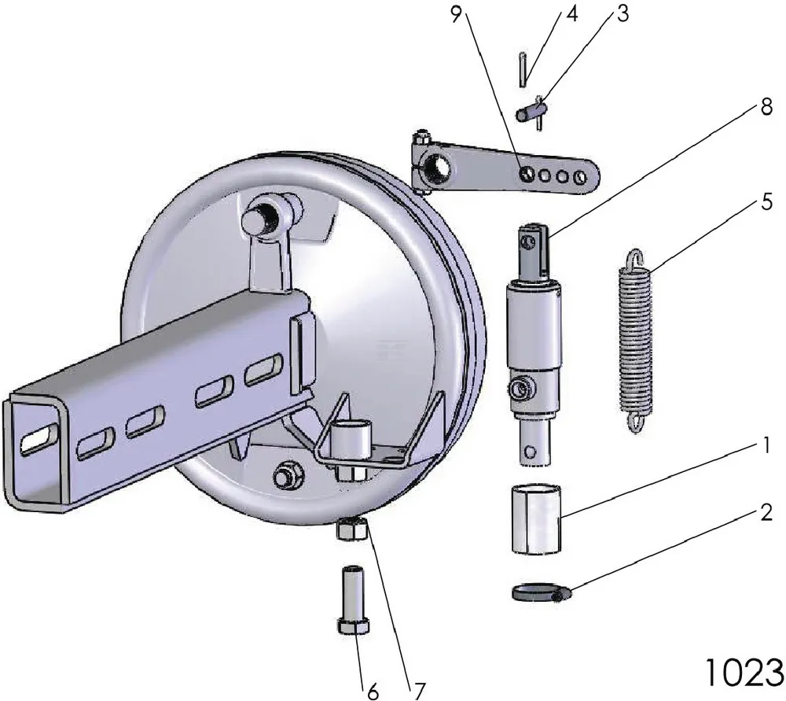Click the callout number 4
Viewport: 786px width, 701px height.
(571, 16)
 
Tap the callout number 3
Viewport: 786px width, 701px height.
(623, 16)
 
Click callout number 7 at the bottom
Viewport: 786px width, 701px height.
(418, 690)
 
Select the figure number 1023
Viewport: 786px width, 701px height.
(743, 670)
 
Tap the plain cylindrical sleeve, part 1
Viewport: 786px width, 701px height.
(537, 518)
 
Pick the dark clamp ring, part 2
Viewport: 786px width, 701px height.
(542, 592)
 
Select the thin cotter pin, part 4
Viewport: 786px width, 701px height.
(522, 69)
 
